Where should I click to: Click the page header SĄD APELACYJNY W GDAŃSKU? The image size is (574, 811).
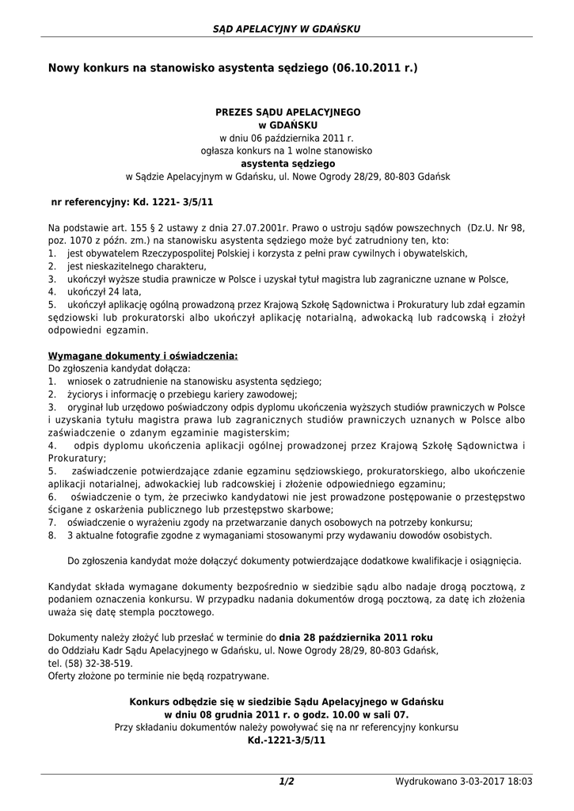287,29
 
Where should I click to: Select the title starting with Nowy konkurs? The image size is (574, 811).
233,70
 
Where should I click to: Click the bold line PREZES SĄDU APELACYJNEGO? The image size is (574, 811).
287,112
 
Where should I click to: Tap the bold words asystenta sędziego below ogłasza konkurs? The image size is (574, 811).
287,163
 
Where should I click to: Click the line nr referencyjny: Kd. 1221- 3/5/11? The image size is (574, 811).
131,203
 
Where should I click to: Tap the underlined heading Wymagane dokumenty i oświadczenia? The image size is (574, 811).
143,356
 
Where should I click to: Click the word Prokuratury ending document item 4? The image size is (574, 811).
76,458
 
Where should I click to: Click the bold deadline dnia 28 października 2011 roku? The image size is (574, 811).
355,638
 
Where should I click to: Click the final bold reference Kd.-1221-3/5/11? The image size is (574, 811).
287,740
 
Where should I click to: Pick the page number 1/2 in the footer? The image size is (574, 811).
287,782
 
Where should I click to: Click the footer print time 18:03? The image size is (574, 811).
519,782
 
